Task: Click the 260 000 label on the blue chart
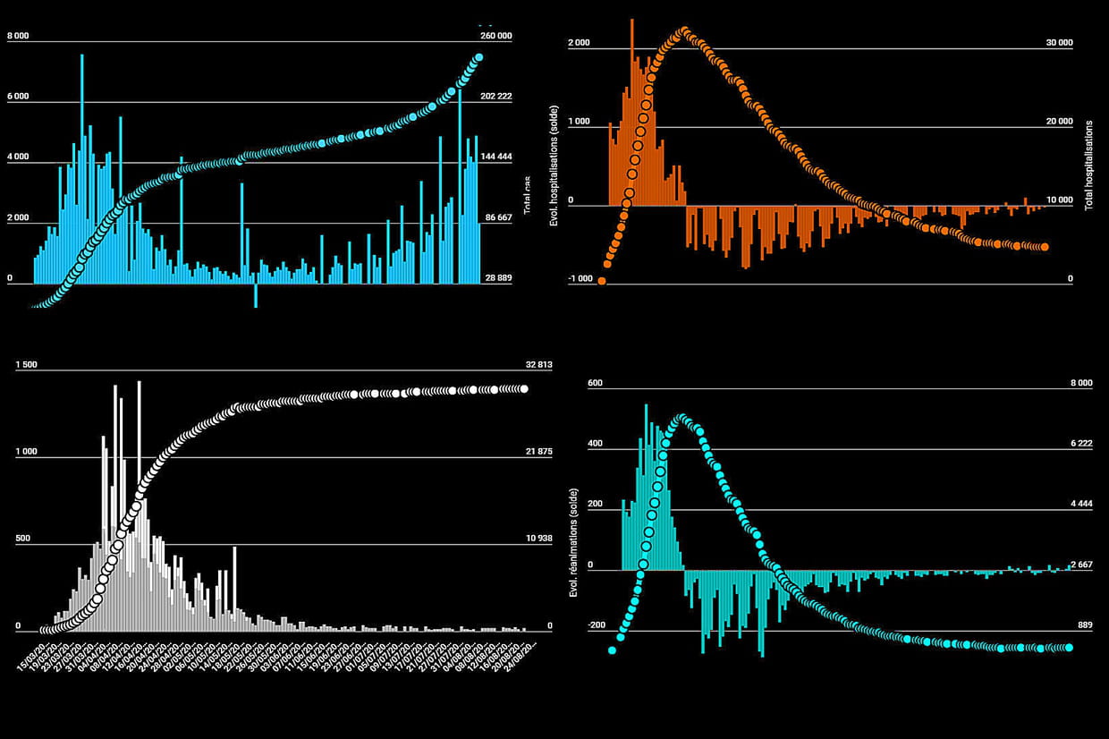[496, 36]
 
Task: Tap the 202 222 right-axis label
[496, 97]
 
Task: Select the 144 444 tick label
[496, 157]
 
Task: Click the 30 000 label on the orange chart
[1058, 43]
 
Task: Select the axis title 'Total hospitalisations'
[1088, 166]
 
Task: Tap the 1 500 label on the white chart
[27, 365]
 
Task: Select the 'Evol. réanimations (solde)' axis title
[572, 543]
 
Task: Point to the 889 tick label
[1083, 625]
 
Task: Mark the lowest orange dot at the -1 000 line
[602, 281]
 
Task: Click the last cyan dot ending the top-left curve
[478, 57]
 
